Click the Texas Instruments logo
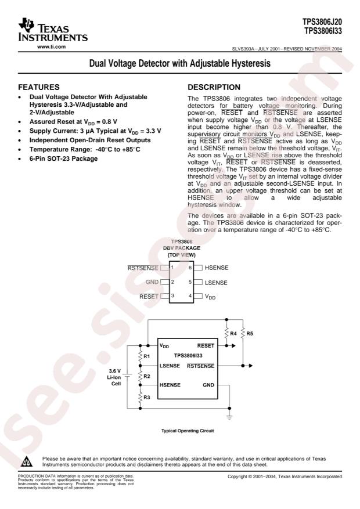point(53,30)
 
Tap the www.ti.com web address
point(51,47)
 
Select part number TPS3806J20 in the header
point(322,21)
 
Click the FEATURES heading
point(39,87)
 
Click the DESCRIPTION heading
point(214,87)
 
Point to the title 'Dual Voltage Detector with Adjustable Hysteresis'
point(180,63)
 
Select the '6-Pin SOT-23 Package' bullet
point(64,158)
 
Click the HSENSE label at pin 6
point(217,268)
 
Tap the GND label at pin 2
point(152,281)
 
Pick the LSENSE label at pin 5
point(216,283)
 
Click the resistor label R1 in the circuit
point(147,356)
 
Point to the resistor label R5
point(250,333)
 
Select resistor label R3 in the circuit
point(147,397)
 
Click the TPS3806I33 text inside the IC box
point(188,355)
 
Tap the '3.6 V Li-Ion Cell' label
point(114,377)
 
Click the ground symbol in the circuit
point(229,417)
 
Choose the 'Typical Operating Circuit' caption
point(188,431)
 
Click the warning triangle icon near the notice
point(27,461)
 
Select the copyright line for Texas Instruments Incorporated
point(285,476)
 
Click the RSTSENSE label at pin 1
point(143,268)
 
